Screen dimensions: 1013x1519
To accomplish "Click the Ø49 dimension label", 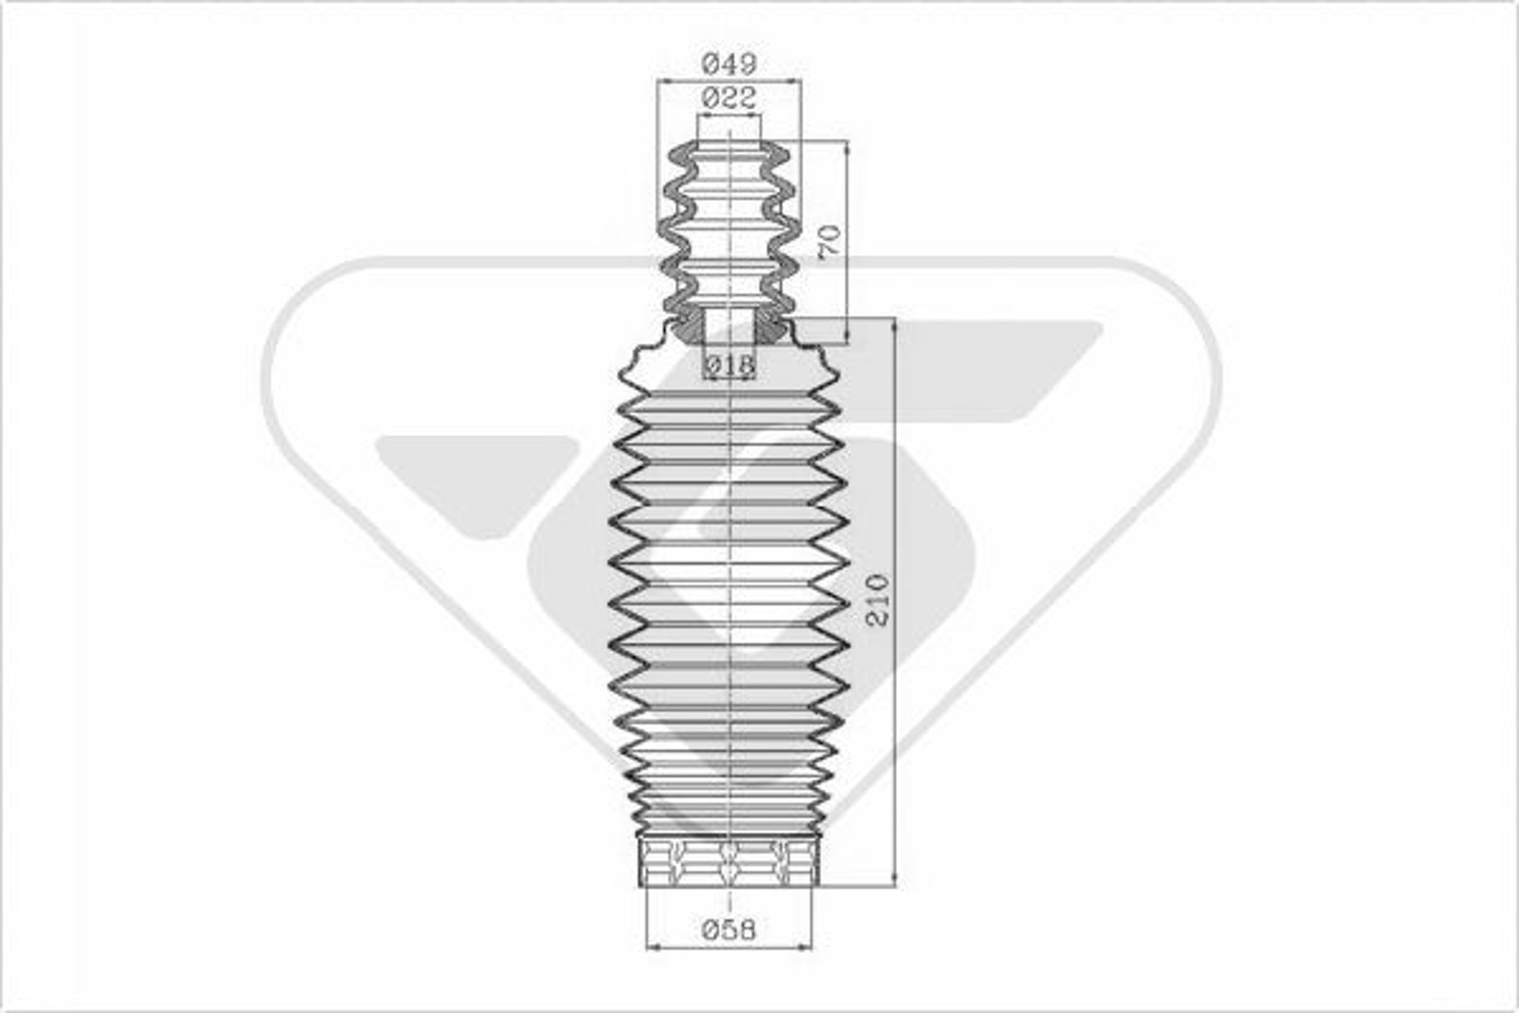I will click(729, 65).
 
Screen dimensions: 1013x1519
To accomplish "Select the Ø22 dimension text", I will click(729, 97).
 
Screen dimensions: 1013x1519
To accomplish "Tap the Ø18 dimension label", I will click(729, 364).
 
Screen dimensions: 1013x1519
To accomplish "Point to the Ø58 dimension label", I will click(729, 929).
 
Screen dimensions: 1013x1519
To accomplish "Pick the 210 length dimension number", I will click(877, 599).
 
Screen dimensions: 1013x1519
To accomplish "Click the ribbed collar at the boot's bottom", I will click(729, 863).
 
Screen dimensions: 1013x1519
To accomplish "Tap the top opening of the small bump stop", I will click(729, 147).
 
